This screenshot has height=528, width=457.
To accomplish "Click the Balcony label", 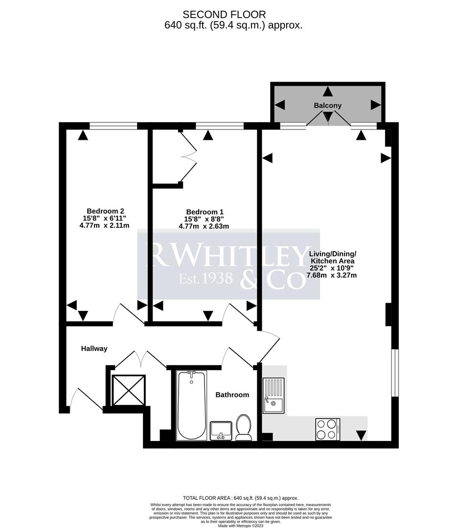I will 328,106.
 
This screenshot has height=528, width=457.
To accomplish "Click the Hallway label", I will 94,349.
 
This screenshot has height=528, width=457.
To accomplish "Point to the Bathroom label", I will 232,395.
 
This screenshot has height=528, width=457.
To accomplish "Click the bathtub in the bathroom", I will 192,405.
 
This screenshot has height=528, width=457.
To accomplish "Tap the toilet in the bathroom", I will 243,427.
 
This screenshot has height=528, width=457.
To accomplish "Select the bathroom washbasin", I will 222,430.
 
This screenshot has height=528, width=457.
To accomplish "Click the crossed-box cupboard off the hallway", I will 128,390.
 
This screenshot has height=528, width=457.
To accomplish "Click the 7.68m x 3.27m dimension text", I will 331,275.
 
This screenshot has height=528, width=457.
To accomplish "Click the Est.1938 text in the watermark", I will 199,279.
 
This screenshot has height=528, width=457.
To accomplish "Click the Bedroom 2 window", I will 113,126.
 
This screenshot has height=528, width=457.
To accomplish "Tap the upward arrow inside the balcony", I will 327,91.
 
